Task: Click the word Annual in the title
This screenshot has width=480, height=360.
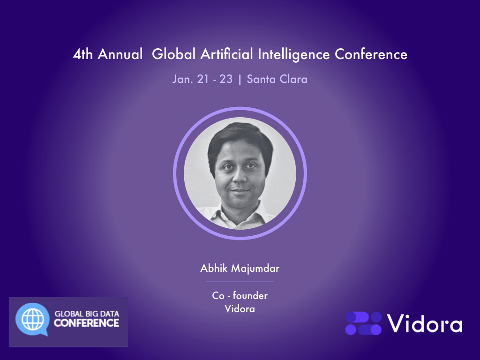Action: click(120, 54)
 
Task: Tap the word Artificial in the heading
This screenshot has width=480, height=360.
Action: click(227, 54)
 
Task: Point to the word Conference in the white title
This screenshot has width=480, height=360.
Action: click(371, 54)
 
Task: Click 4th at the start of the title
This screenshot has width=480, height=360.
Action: click(82, 54)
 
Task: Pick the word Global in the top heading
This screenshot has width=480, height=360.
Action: click(173, 54)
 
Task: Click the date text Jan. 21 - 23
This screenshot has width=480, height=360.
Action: click(202, 79)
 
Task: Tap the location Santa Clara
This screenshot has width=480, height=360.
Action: click(277, 79)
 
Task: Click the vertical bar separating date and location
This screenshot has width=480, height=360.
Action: click(240, 79)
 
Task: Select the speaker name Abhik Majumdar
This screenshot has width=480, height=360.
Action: click(240, 269)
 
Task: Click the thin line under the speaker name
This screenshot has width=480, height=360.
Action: click(240, 282)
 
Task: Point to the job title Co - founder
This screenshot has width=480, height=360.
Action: click(240, 296)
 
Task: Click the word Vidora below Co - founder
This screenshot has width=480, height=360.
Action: click(240, 309)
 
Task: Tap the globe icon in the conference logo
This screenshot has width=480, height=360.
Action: click(32, 319)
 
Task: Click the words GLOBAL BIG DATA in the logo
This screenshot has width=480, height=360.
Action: click(87, 314)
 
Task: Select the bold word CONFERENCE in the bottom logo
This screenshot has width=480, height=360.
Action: click(86, 323)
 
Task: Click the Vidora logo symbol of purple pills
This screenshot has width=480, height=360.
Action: click(363, 323)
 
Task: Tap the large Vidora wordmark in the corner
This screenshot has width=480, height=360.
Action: click(425, 323)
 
